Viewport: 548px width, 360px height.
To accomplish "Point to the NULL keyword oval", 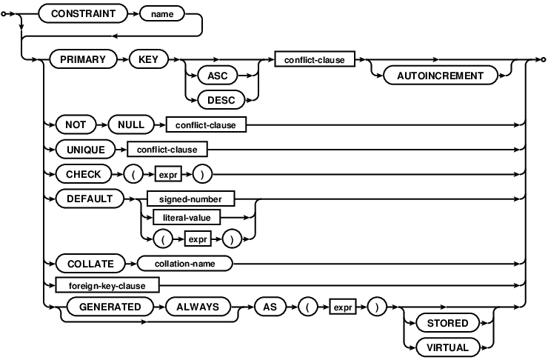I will [x=131, y=124].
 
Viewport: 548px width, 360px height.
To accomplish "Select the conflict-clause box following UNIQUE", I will [x=167, y=149].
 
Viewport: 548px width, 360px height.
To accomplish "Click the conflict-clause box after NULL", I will [x=205, y=124].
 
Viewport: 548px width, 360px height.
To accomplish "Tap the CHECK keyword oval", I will [x=78, y=174].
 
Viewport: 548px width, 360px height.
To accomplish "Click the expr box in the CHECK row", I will [x=164, y=174].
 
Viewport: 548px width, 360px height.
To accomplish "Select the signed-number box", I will [x=190, y=199].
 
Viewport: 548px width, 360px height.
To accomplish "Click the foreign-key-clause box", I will [x=101, y=284].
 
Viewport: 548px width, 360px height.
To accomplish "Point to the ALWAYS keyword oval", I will [x=197, y=306].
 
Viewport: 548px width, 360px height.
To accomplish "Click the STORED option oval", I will [x=447, y=323].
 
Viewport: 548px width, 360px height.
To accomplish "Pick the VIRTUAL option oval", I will [x=447, y=347].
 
